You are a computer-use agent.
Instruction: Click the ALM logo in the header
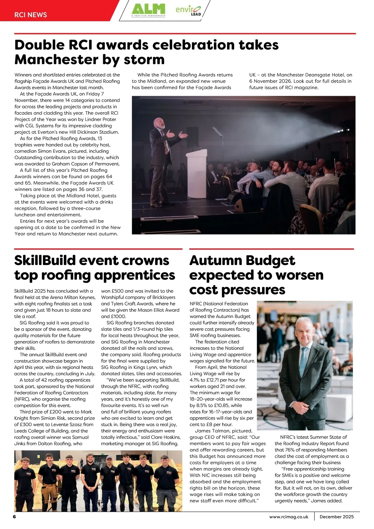tap(148, 9)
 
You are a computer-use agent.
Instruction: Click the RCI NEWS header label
tap(31, 15)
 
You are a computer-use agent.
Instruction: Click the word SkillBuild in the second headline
tap(45, 261)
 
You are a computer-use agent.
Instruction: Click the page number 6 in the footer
tap(14, 517)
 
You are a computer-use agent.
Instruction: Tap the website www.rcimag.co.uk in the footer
tap(289, 517)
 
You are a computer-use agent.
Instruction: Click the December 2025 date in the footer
tap(337, 517)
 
